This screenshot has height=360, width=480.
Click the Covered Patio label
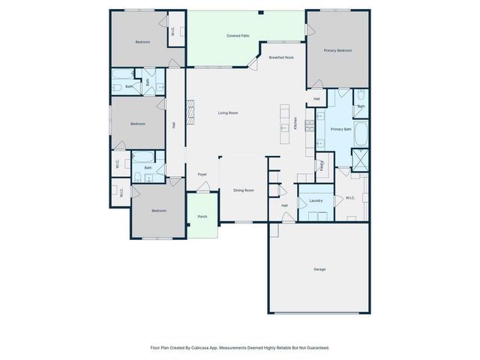point(238,36)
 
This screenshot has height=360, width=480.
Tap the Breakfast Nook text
point(281,57)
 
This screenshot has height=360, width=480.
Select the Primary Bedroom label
point(337,50)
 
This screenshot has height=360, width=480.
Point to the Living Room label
point(228,112)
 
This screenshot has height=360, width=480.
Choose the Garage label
point(319,269)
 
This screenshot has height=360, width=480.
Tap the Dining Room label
point(243,190)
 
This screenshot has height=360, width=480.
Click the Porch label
point(202,217)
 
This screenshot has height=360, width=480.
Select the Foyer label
point(202,175)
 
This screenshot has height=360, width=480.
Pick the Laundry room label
point(316,200)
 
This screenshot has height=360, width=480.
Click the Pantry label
point(322,166)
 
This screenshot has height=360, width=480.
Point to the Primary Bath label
point(341,129)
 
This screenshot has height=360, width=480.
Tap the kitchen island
point(284,120)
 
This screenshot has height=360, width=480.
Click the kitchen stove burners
point(309,126)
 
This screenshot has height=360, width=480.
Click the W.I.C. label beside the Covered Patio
point(173,31)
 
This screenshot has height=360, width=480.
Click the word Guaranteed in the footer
point(315,347)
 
